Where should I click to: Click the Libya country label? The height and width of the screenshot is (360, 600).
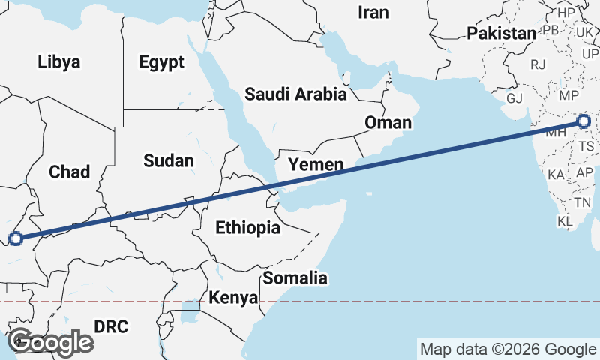(x=58, y=62)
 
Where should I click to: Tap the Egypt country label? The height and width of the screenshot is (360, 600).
(x=161, y=62)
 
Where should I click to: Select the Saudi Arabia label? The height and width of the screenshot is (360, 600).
(x=295, y=94)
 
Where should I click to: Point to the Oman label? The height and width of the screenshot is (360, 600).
(x=388, y=122)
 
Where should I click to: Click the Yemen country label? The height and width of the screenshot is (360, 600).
(x=316, y=164)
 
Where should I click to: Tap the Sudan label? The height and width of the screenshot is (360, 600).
(x=169, y=160)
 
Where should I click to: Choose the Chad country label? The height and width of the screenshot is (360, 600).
(x=69, y=172)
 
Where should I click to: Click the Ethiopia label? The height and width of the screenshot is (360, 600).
(x=247, y=227)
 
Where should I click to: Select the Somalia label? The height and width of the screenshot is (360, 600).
(x=295, y=278)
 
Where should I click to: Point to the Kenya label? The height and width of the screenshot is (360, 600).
(x=233, y=298)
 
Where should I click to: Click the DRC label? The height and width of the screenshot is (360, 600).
(x=111, y=326)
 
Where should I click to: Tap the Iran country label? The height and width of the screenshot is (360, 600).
(x=373, y=12)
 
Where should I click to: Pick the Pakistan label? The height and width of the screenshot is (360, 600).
(x=501, y=33)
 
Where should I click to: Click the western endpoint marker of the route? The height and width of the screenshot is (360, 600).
(x=16, y=239)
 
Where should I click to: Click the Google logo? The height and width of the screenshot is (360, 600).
(x=50, y=342)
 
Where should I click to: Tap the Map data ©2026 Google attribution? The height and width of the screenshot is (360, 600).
(x=508, y=349)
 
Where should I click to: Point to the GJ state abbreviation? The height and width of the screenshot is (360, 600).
(x=514, y=98)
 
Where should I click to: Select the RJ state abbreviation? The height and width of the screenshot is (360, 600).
(x=538, y=64)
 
